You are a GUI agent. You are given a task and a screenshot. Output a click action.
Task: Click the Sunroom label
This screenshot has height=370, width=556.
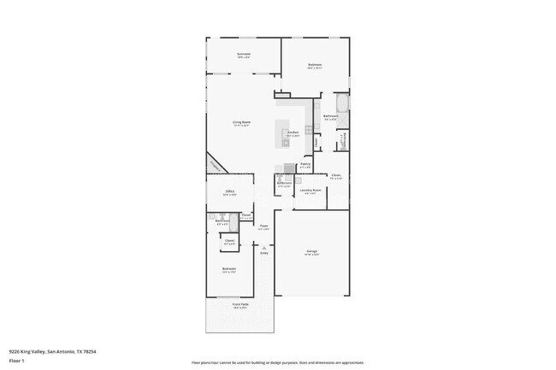coord(244,55)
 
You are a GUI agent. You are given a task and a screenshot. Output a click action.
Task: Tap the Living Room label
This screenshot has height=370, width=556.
coord(241,122)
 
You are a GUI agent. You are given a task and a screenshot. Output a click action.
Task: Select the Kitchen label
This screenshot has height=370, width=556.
coord(293,133)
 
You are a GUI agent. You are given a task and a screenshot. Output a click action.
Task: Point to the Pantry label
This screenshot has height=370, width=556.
coord(305,165)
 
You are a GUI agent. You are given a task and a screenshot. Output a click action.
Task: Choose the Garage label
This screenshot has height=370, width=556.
coord(312,252)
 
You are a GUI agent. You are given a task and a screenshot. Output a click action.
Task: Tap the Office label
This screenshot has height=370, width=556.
coord(230,192)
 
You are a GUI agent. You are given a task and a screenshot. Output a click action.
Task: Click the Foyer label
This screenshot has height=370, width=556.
coord(264,227)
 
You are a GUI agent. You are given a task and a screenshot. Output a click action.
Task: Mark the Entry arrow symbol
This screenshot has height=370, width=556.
coord(264,248)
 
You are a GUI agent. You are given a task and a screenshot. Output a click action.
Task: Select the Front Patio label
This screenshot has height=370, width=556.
coord(240,305)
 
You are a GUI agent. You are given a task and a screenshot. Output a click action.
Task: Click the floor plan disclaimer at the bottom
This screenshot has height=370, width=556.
coord(278,362)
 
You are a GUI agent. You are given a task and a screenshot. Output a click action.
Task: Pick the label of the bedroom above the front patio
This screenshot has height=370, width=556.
coord(229,270)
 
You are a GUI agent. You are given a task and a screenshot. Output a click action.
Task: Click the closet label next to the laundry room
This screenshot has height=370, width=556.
coord(336,177)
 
